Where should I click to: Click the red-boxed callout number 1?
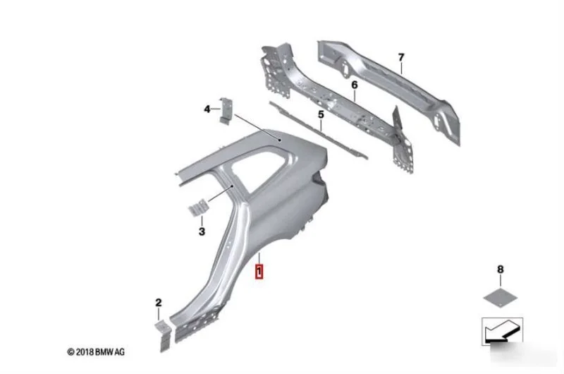259,271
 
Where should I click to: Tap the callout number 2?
159,303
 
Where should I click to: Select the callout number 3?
202,231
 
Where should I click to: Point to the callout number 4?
207,109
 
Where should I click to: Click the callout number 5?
321,114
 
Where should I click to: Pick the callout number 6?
355,85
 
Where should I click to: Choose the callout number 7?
401,57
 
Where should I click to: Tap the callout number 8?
501,270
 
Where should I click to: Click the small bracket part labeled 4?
226,111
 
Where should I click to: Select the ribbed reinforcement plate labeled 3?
198,207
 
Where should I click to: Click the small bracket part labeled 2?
162,334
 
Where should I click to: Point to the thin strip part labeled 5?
319,131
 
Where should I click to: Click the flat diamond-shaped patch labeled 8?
500,298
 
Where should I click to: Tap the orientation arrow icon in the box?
502,331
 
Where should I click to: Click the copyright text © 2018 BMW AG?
96,351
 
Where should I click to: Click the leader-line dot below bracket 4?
279,139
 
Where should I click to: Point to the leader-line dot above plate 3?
232,186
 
